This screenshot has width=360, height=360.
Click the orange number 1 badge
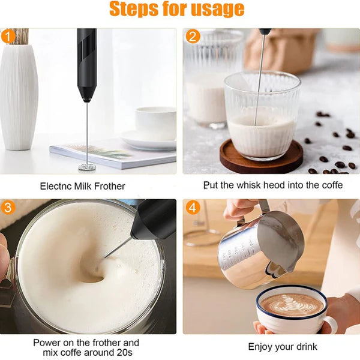pyautogui.click(x=8, y=37)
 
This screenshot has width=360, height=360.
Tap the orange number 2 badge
pyautogui.click(x=193, y=36)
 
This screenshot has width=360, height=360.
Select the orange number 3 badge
pyautogui.click(x=8, y=208)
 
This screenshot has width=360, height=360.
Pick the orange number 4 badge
pyautogui.click(x=193, y=208)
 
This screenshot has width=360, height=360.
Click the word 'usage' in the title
pyautogui.click(x=217, y=10)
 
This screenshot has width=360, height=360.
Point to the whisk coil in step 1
pyautogui.click(x=86, y=166)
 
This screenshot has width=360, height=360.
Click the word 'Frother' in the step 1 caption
pyautogui.click(x=110, y=186)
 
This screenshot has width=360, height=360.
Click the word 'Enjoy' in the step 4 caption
pyautogui.click(x=260, y=347)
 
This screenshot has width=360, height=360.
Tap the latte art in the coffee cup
pyautogui.click(x=292, y=305)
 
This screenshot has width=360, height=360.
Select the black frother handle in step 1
pyautogui.click(x=87, y=65)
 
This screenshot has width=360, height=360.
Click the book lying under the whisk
pyautogui.click(x=113, y=154)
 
